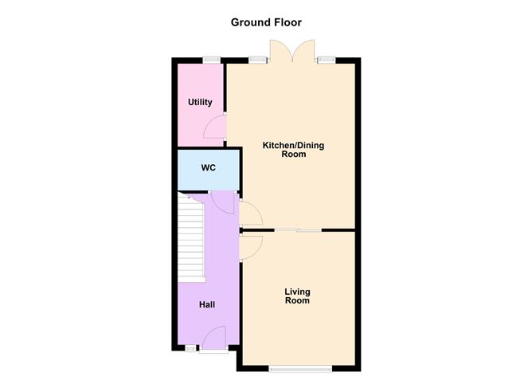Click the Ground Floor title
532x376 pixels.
tap(266, 22)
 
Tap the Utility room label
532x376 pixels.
tap(200, 103)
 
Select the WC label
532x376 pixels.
tap(208, 168)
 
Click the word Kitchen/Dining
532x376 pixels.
tap(294, 145)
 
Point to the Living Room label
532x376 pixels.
tap(297, 296)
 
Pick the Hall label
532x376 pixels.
tap(207, 304)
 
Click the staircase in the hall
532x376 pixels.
tap(192, 238)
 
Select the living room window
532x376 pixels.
tap(302, 367)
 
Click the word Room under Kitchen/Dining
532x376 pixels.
tap(294, 155)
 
